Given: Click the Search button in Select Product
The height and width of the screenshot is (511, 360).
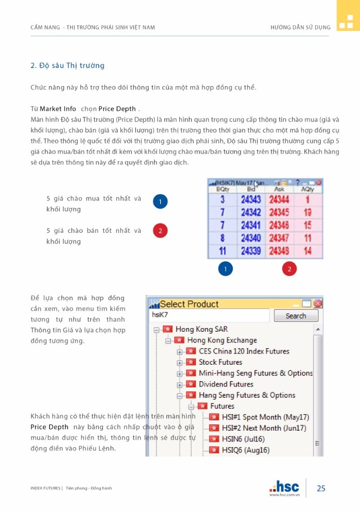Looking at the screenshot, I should [x=296, y=316].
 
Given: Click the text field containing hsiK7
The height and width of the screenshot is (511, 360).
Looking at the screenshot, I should [x=209, y=315].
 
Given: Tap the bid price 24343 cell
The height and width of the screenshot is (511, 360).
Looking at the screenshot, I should [x=251, y=200].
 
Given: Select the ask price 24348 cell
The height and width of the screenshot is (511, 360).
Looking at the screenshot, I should [x=279, y=251].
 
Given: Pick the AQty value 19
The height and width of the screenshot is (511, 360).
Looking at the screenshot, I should [x=307, y=212].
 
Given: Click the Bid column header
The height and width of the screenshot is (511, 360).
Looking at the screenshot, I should [x=251, y=190].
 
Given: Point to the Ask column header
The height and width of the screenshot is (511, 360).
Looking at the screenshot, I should [x=279, y=190].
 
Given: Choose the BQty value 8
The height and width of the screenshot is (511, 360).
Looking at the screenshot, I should [x=222, y=238].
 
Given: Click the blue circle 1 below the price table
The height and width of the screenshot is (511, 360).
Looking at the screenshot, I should [x=226, y=268].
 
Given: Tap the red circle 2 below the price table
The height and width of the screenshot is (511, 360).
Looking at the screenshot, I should [x=289, y=268].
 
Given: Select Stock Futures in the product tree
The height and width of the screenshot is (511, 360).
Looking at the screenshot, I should [x=220, y=362].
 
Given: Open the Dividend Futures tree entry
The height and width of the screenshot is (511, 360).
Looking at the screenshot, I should [x=226, y=384].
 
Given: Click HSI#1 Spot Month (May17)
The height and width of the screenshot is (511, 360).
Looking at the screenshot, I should [x=265, y=417].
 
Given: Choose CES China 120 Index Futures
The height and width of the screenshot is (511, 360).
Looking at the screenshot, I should [x=244, y=351].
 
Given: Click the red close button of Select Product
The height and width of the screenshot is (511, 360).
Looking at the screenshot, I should [x=318, y=303].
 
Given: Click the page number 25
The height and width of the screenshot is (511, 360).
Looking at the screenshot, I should [x=321, y=488].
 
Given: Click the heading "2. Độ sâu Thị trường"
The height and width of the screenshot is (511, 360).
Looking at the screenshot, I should [x=67, y=65].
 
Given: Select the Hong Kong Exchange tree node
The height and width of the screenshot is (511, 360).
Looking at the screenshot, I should [x=221, y=340].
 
